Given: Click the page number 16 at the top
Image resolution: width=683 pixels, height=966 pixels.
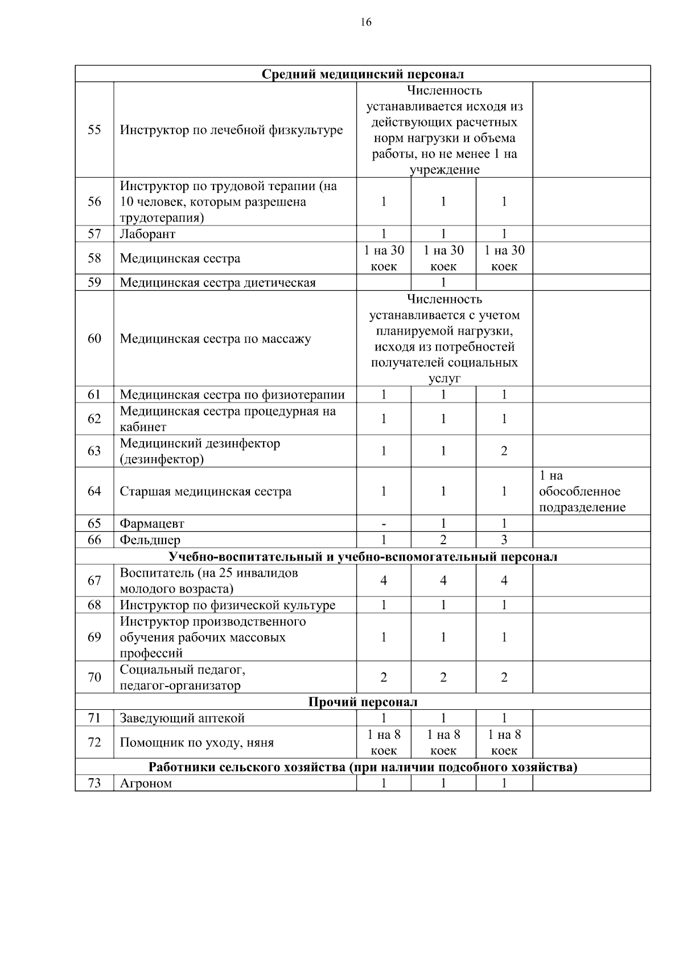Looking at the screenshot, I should pos(365,22).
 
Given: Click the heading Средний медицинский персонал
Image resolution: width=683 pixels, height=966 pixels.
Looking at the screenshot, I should pos(363,74).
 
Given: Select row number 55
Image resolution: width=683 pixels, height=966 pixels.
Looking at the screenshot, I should pos(94,130).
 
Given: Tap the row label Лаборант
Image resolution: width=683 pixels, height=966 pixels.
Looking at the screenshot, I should pos(147,234).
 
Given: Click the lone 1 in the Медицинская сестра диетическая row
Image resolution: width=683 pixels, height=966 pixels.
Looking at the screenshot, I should pos(443,283).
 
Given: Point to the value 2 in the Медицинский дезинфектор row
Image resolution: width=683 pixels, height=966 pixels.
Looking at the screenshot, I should pos(504,451).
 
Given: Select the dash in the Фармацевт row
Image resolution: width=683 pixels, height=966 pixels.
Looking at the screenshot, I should pos(384,524).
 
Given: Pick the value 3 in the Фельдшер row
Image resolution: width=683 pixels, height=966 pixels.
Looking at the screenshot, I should pos(504,540).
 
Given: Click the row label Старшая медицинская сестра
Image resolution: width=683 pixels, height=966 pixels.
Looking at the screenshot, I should pos(205,491).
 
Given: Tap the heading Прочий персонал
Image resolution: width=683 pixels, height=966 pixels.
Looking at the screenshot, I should pos(363,702).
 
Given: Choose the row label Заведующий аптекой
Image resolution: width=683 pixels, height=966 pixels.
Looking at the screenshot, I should pos(182,718).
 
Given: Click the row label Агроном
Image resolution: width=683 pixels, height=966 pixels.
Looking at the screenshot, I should pos(146,783).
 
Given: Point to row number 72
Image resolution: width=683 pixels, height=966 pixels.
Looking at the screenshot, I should pos(94,742).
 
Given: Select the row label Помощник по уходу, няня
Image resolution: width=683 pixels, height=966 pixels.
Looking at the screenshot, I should pos(196,743).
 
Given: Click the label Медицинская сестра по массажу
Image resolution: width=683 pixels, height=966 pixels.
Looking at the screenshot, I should pos(215,339).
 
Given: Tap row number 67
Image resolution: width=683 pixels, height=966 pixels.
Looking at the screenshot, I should pos(94,581).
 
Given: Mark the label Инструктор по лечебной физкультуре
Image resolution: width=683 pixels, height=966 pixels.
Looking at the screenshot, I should pos(231,130).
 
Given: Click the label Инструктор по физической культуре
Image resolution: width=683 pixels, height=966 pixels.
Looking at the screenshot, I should pos(227,605).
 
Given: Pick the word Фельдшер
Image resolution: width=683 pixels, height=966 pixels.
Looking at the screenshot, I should pos(150,540).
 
